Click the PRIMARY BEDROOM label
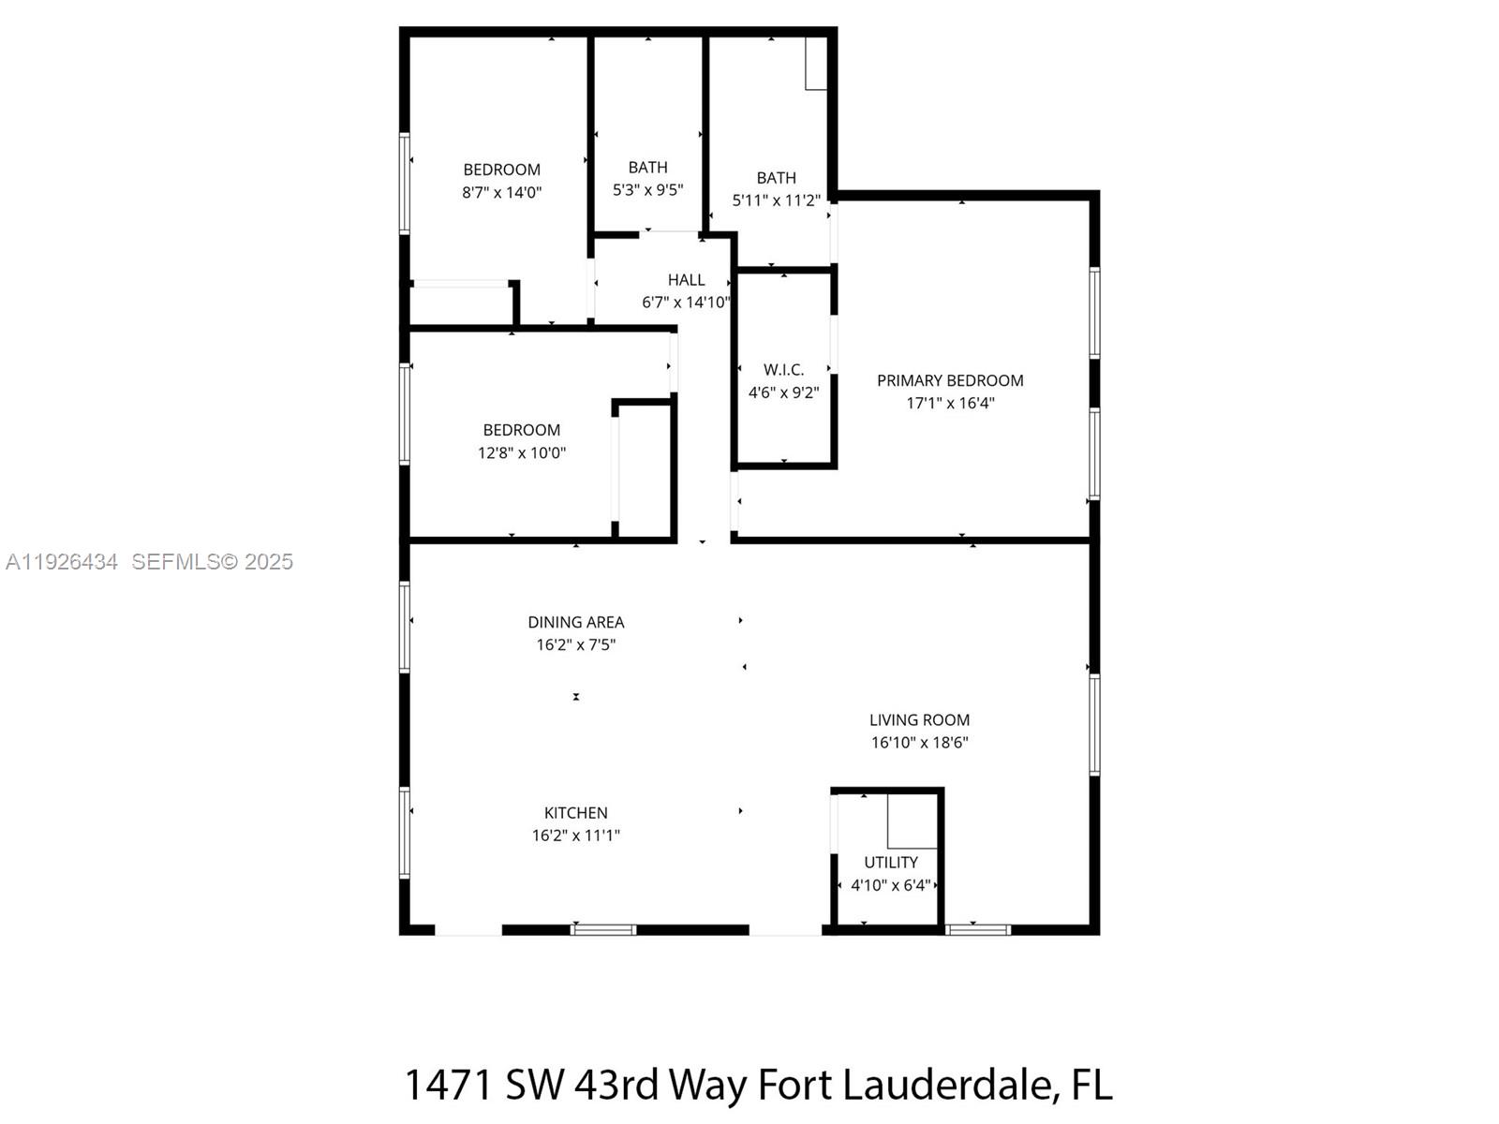pyautogui.click(x=949, y=380)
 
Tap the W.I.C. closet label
pyautogui.click(x=783, y=370)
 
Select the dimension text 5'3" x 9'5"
pyautogui.click(x=647, y=190)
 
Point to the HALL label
pyautogui.click(x=686, y=280)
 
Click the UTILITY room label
pyautogui.click(x=890, y=862)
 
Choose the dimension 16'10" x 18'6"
pyautogui.click(x=919, y=743)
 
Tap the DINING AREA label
pyautogui.click(x=575, y=622)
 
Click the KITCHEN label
pyautogui.click(x=575, y=813)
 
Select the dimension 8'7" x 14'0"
pyautogui.click(x=501, y=193)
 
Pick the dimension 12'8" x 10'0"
pyautogui.click(x=521, y=453)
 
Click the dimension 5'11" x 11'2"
pyautogui.click(x=776, y=200)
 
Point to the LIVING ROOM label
pyautogui.click(x=919, y=720)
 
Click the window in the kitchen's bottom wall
pyautogui.click(x=603, y=930)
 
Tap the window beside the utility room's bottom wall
pyautogui.click(x=977, y=930)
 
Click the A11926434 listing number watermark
pyautogui.click(x=62, y=562)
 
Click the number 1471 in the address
pyautogui.click(x=449, y=1085)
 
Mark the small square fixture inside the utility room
pyautogui.click(x=913, y=821)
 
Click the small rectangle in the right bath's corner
pyautogui.click(x=816, y=63)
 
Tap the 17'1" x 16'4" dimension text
pyautogui.click(x=949, y=404)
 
